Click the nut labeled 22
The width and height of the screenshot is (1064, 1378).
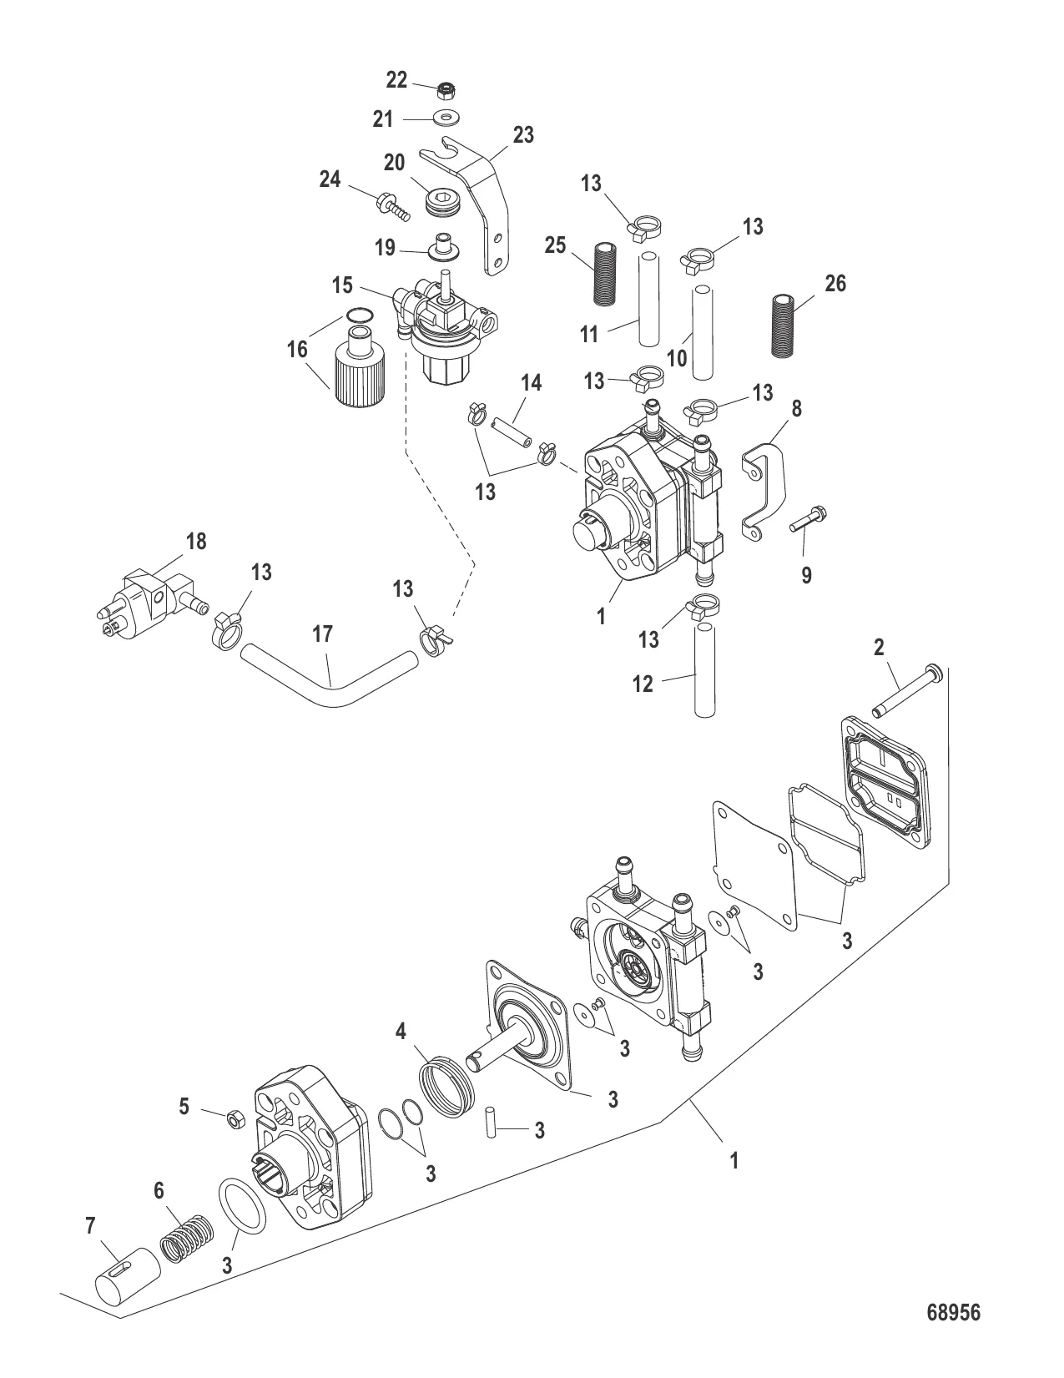pyautogui.click(x=446, y=88)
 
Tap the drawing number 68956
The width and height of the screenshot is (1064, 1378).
pyautogui.click(x=954, y=1312)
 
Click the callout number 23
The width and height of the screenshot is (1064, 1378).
pyautogui.click(x=523, y=134)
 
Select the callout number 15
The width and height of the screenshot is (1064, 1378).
pyautogui.click(x=342, y=285)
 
